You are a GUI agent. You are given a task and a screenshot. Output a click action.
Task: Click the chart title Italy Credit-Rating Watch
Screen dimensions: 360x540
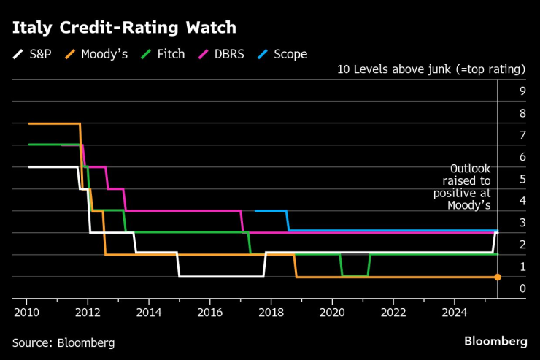pyautogui.click(x=124, y=28)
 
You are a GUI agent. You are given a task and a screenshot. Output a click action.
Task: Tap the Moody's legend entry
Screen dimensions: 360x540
pyautogui.click(x=99, y=54)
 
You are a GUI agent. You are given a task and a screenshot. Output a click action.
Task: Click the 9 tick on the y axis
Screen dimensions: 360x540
pyautogui.click(x=522, y=91)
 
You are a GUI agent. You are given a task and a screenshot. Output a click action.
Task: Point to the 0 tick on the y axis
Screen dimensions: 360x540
pyautogui.click(x=522, y=288)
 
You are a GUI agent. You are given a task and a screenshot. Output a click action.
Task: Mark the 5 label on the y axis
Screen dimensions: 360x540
pyautogui.click(x=522, y=179)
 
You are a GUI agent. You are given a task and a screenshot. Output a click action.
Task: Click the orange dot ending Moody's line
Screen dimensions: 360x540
pyautogui.click(x=498, y=277)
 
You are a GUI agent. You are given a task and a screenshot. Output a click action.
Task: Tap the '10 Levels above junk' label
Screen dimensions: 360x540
pyautogui.click(x=431, y=70)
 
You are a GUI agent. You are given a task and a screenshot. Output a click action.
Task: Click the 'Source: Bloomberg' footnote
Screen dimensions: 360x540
pyautogui.click(x=63, y=342)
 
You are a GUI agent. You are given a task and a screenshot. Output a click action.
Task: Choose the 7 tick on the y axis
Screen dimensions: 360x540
pyautogui.click(x=522, y=135)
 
